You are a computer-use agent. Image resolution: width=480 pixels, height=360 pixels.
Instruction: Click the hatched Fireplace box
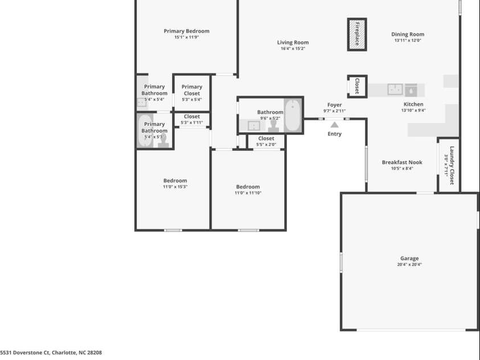point(357,34)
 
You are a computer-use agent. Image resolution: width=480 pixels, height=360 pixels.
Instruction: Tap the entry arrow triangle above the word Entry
point(335,124)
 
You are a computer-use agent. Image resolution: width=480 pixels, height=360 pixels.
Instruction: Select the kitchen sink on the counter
point(395,89)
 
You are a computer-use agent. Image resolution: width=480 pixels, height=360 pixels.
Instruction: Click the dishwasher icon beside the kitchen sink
point(411,89)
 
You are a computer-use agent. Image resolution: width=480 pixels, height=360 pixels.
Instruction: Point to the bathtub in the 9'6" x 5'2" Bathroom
point(293,115)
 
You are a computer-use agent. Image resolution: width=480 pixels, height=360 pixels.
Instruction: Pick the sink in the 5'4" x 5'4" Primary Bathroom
point(141,103)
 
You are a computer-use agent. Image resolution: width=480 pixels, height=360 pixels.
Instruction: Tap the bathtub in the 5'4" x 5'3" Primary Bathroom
point(145,132)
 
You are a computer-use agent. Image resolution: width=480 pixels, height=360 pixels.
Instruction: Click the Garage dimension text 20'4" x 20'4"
point(409,265)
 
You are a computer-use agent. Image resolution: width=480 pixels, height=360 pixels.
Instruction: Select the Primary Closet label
point(192,90)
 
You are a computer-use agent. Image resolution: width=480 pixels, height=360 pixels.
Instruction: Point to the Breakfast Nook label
point(402,162)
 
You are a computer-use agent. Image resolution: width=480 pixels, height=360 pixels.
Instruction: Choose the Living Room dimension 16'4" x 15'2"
point(293,49)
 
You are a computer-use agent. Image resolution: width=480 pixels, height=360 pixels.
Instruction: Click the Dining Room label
point(408,34)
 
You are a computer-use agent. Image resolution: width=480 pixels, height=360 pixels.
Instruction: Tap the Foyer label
point(334,105)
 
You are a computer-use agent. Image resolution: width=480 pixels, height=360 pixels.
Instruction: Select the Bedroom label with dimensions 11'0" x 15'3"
point(175,181)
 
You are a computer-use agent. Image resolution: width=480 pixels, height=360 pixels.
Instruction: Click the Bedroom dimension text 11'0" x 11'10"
point(248,193)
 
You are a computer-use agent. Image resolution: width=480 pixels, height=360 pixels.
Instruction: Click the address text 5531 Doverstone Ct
point(26,353)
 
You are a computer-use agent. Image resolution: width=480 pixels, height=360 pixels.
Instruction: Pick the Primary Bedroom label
point(186,31)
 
